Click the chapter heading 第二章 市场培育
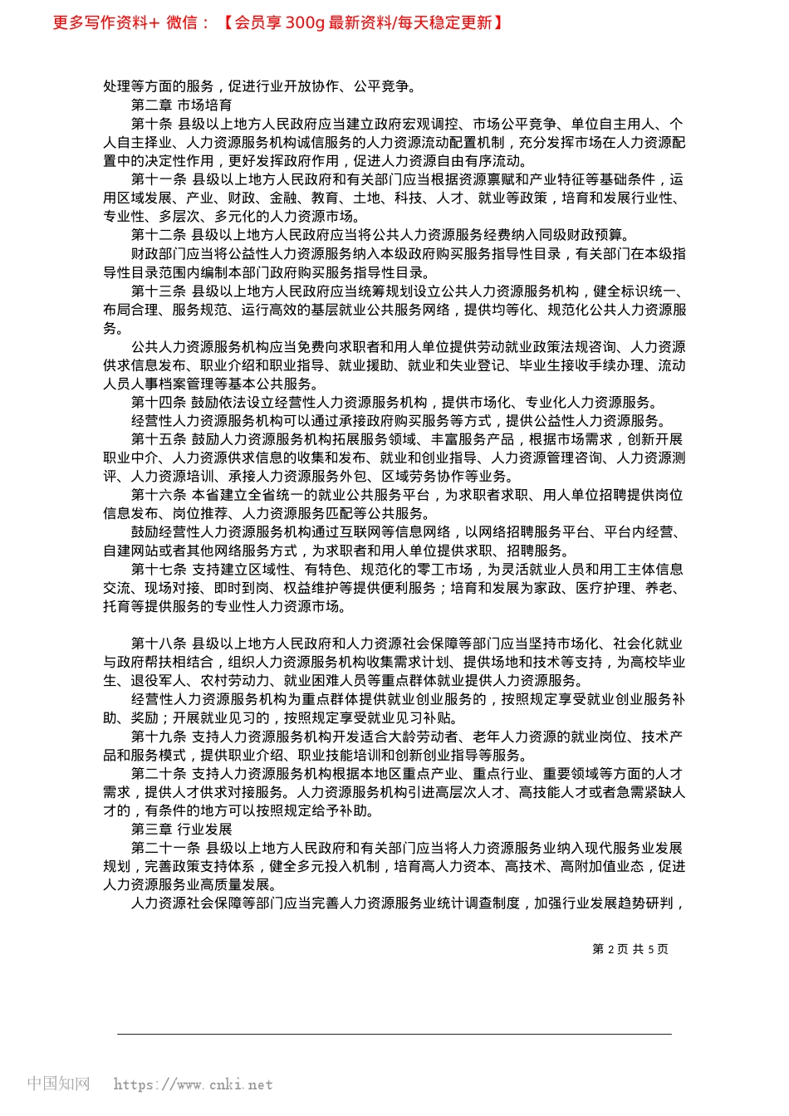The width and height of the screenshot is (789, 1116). point(181,105)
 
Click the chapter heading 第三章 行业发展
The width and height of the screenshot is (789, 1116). point(181,830)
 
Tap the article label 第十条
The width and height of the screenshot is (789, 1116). point(151,124)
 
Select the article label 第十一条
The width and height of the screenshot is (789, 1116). point(158,179)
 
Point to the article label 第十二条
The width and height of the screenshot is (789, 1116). point(158,235)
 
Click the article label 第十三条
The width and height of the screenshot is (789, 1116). point(158,291)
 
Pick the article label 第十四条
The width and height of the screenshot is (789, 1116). point(158,403)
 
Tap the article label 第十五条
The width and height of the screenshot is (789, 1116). point(158,439)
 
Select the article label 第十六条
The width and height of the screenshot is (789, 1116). point(158,495)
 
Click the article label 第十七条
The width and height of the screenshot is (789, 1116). point(158,570)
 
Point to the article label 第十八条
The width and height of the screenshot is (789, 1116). point(158,644)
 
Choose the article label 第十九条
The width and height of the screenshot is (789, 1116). point(158,737)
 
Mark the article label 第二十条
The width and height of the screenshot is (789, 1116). point(158,774)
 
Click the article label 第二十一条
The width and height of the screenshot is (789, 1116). point(165,848)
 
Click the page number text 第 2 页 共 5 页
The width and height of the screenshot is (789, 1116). point(630,949)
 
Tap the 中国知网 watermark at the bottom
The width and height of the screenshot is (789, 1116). point(58,1084)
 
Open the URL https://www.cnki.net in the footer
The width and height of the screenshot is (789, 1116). point(193,1084)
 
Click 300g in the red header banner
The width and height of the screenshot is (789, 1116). point(305,22)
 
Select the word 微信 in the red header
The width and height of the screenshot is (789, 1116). point(182,22)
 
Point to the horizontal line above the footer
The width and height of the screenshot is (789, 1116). point(394,1034)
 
